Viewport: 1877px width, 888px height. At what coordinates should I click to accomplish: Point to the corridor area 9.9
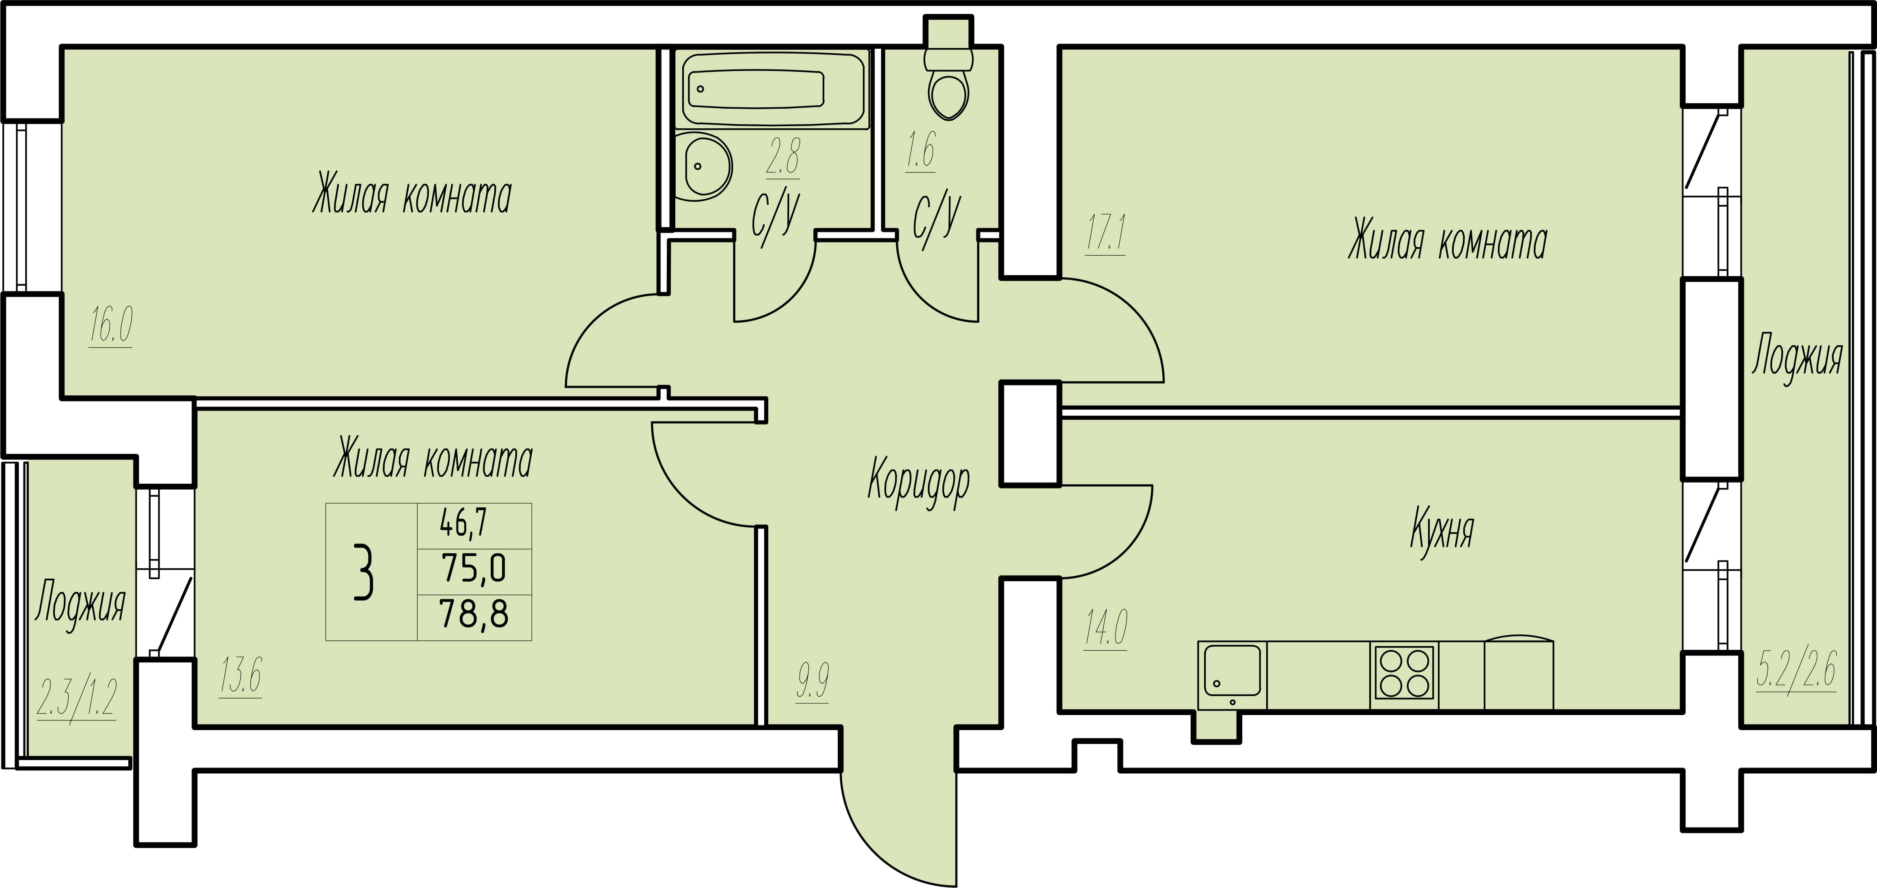(x=812, y=681)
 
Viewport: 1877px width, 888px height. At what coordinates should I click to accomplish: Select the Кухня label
(x=1441, y=530)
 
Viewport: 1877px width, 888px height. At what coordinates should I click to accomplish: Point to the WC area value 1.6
(x=920, y=150)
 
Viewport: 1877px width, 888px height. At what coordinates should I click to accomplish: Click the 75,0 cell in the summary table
(x=474, y=568)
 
